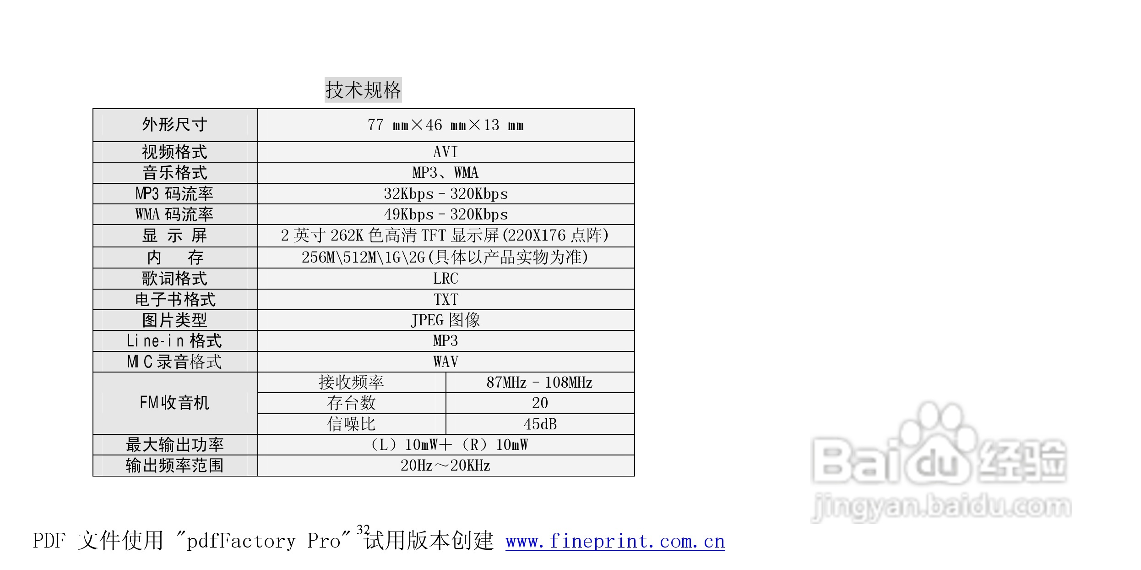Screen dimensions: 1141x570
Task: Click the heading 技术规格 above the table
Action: (363, 90)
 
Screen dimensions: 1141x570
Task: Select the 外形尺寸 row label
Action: (174, 125)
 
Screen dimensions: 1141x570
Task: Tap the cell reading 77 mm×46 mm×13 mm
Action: (446, 125)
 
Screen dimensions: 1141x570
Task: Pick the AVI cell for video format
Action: (446, 152)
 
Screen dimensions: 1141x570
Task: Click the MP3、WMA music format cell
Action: (446, 173)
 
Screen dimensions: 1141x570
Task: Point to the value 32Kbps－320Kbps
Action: (446, 194)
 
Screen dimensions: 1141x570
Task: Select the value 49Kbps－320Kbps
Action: (446, 214)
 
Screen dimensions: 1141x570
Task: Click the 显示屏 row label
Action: (174, 236)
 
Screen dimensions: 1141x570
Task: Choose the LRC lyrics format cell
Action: (446, 279)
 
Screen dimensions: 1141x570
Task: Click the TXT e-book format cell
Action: (446, 300)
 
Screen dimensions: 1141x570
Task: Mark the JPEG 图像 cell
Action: (446, 320)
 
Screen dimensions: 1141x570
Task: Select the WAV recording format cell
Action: (446, 362)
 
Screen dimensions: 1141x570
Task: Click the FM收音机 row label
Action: (174, 403)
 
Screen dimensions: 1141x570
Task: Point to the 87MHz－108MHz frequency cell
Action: (539, 383)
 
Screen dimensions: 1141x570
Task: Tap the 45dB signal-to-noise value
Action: (540, 424)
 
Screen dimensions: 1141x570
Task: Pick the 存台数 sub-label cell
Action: (351, 403)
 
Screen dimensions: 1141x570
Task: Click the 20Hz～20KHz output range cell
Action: (446, 466)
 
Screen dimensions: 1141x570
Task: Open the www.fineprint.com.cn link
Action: (615, 542)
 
